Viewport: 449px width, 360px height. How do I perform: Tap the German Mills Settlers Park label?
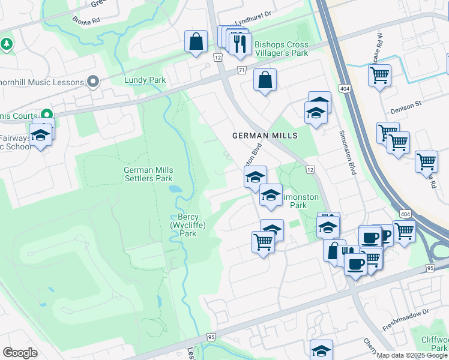click(x=148, y=174)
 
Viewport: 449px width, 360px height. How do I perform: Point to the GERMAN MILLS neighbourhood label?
click(x=265, y=136)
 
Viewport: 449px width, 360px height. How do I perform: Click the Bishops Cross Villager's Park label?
click(x=281, y=48)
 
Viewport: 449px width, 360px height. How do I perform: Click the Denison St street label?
click(x=406, y=107)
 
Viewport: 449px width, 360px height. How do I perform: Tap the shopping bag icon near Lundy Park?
click(x=196, y=42)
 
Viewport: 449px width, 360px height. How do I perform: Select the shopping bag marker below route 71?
click(x=265, y=80)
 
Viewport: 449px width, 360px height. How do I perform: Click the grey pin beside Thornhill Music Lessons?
click(x=93, y=81)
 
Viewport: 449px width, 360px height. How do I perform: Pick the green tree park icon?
click(x=7, y=44)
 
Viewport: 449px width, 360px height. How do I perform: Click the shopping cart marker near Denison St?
click(x=379, y=76)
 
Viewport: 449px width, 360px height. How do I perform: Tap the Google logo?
click(x=20, y=353)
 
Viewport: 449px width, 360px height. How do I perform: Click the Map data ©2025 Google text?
click(x=411, y=355)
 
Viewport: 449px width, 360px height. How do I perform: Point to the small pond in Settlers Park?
click(x=175, y=188)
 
